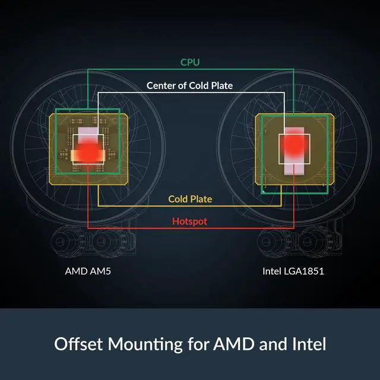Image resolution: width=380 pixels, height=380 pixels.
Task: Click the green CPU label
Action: pos(190,62)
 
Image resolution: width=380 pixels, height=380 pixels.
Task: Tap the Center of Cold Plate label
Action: pos(190,85)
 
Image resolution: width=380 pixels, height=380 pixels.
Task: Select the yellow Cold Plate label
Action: pos(190,199)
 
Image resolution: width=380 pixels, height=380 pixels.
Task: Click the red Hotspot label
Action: pos(190,221)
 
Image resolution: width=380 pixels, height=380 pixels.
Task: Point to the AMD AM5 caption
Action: pos(88,271)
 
